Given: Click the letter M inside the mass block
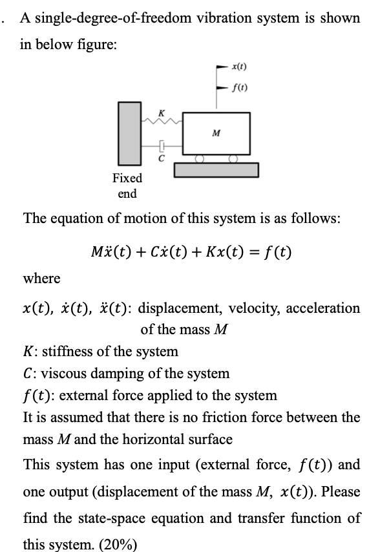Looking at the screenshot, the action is click(216, 134).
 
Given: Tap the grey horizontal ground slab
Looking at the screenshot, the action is click(216, 170).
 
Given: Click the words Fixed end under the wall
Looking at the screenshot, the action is click(127, 186).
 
